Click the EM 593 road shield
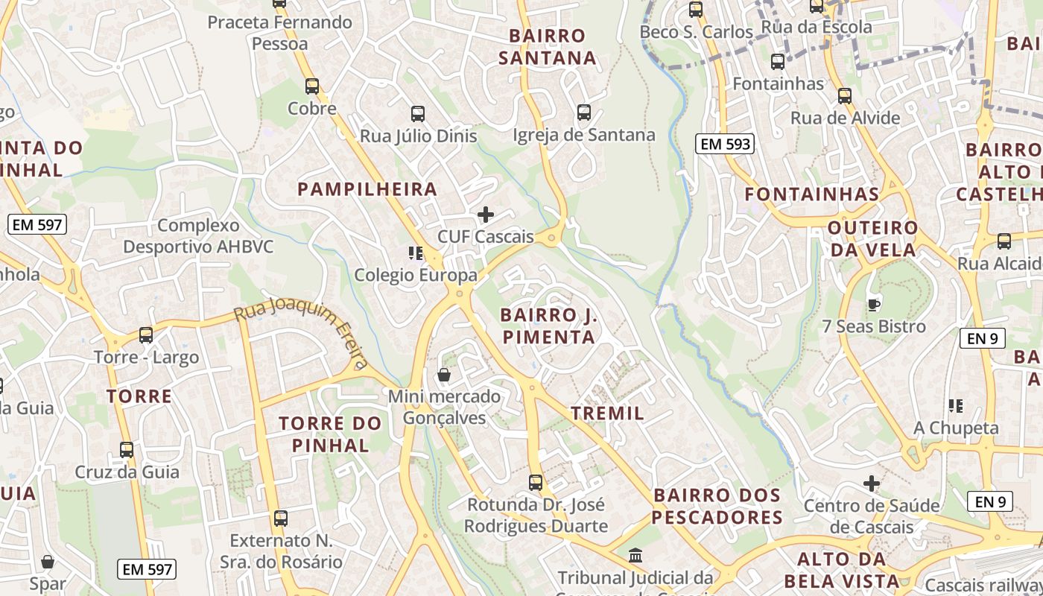[x=725, y=144]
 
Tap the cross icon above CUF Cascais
[x=486, y=215]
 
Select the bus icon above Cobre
[x=312, y=86]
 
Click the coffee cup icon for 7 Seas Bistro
[x=874, y=304]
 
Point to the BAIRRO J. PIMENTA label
[x=549, y=326]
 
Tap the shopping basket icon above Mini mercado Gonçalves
[x=444, y=374]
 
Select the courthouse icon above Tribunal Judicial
[x=635, y=555]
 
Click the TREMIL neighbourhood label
[x=607, y=413]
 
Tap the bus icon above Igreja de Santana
[x=584, y=112]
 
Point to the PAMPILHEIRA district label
[x=367, y=189]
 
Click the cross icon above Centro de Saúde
[x=872, y=484]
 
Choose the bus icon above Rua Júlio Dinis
[x=418, y=114]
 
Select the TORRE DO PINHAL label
[x=330, y=434]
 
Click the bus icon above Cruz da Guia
[x=127, y=449]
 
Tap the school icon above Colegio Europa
[x=416, y=253]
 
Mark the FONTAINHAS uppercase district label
[x=812, y=194]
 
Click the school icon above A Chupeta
[x=956, y=406]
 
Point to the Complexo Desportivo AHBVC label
[x=198, y=235]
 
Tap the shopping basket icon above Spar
[x=48, y=562]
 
